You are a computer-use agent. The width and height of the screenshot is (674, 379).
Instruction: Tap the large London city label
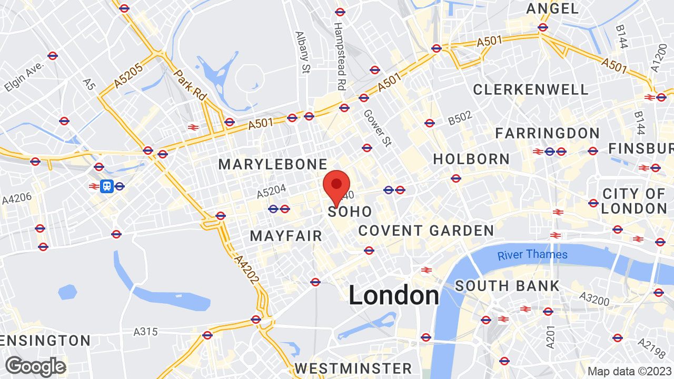click(394, 295)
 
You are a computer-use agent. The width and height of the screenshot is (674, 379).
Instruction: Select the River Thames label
click(532, 255)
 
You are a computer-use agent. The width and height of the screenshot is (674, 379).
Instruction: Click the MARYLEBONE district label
click(273, 164)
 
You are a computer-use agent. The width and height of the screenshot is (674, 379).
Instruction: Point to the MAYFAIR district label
click(286, 236)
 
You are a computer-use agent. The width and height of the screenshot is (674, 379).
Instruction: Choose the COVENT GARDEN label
click(426, 231)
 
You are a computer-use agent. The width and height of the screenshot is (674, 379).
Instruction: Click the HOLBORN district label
click(471, 159)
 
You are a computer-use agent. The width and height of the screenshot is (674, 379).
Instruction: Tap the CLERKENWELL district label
click(530, 89)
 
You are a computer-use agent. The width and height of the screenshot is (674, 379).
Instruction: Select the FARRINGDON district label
click(547, 133)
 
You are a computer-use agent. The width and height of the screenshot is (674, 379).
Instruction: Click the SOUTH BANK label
click(507, 286)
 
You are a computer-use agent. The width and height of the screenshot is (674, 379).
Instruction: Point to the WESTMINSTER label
click(353, 367)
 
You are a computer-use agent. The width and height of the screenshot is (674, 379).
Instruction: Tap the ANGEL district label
click(552, 8)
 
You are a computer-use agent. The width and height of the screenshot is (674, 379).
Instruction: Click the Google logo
click(35, 366)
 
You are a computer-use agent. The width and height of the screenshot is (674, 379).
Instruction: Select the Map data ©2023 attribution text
click(629, 371)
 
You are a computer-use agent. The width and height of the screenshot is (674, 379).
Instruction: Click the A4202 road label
click(246, 270)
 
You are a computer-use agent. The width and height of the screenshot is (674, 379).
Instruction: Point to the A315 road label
click(145, 332)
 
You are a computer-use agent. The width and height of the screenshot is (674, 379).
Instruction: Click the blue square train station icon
click(107, 186)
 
